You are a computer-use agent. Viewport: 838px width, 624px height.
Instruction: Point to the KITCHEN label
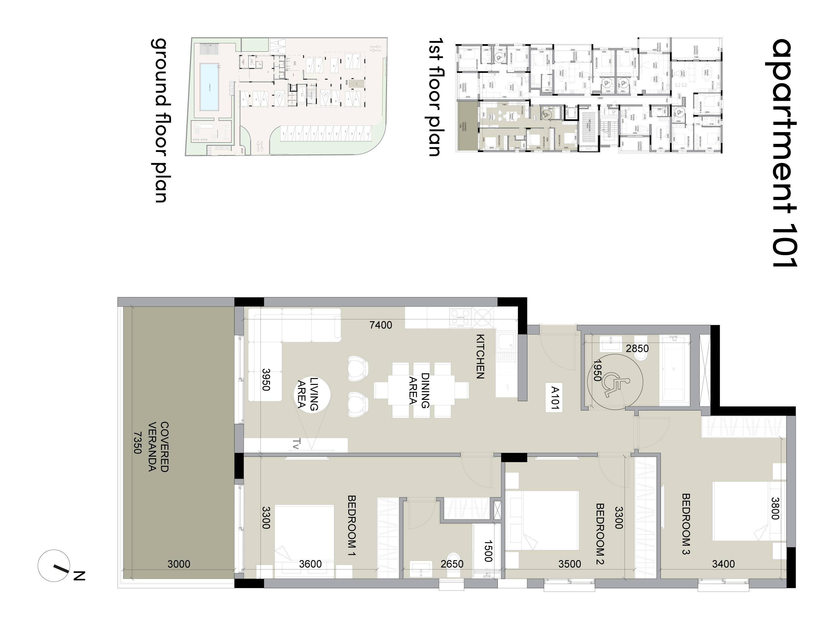coord(480,356)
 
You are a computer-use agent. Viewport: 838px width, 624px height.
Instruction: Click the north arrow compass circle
coord(54,565)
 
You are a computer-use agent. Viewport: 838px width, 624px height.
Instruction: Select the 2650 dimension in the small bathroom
coord(452,564)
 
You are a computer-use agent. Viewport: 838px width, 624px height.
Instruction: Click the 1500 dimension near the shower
coord(488,551)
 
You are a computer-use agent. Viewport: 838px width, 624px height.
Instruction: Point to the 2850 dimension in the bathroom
coord(637,348)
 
